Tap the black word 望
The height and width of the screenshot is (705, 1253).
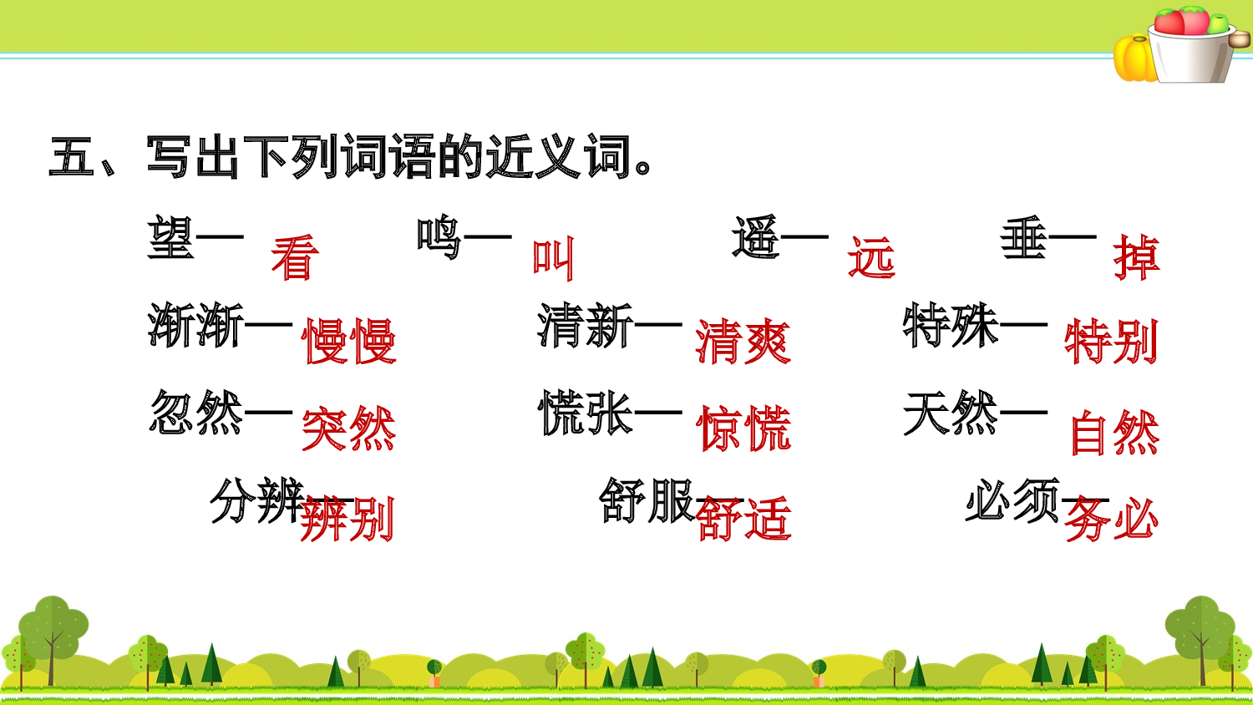(x=171, y=237)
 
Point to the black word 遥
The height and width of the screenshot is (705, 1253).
(x=756, y=237)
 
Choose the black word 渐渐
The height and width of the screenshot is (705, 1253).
(x=195, y=326)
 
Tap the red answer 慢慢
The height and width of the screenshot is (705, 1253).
(x=349, y=342)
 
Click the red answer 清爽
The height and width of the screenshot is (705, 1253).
(x=743, y=342)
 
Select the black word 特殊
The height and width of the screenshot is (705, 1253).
(x=951, y=325)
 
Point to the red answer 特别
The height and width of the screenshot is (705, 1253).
(x=1111, y=342)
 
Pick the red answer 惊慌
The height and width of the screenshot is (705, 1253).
(x=743, y=429)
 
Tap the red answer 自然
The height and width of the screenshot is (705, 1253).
(x=1114, y=433)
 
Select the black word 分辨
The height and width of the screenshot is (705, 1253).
(x=256, y=501)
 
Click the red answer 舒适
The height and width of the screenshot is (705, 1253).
(x=743, y=519)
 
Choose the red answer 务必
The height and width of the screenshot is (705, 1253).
(x=1111, y=519)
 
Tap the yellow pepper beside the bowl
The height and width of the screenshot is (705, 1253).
(x=1134, y=58)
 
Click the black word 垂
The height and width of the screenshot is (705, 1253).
(x=1024, y=237)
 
